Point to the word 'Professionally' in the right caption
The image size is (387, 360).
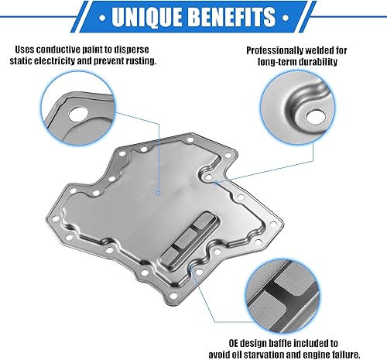pyautogui.click(x=272, y=50)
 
